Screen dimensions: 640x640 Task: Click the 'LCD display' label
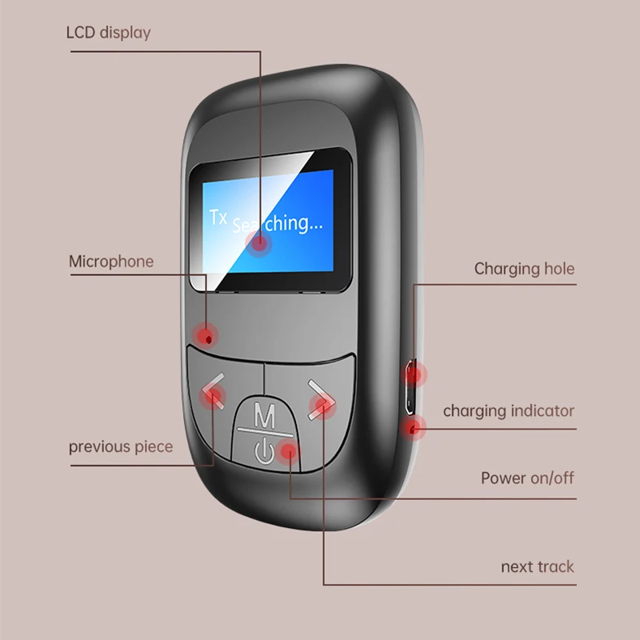109,33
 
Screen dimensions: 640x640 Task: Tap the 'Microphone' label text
111,262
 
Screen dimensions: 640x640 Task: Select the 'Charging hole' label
524,269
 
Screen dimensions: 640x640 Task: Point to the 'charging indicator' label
509,411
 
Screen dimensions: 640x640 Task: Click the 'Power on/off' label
527,478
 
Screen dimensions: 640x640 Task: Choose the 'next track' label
538,567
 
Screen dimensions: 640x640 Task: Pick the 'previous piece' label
121,446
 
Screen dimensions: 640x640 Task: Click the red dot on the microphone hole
206,336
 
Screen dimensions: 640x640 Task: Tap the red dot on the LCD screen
258,244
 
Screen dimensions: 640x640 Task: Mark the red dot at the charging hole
414,374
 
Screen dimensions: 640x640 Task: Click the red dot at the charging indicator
413,428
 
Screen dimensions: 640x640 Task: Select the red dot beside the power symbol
289,451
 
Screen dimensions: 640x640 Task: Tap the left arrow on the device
213,390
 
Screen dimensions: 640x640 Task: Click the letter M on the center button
265,414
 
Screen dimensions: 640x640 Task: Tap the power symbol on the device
264,450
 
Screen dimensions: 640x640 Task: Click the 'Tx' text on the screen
218,217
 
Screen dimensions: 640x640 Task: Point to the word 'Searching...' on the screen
278,225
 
